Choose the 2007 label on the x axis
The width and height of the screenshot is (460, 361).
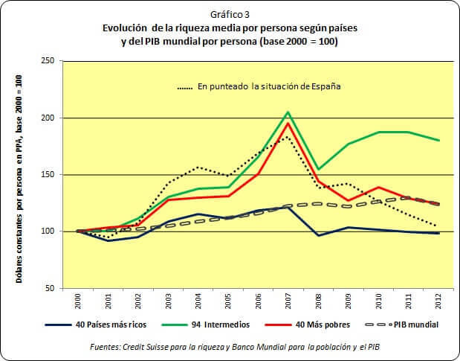(x=288, y=301)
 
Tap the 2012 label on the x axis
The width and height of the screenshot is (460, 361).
(x=438, y=301)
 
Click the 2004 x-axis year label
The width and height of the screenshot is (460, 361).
(x=197, y=301)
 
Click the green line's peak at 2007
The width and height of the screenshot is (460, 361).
(x=288, y=112)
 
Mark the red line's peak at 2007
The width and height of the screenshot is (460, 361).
(x=288, y=124)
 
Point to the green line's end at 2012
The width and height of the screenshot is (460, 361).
(x=438, y=140)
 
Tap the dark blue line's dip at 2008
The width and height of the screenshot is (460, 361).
(x=317, y=235)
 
